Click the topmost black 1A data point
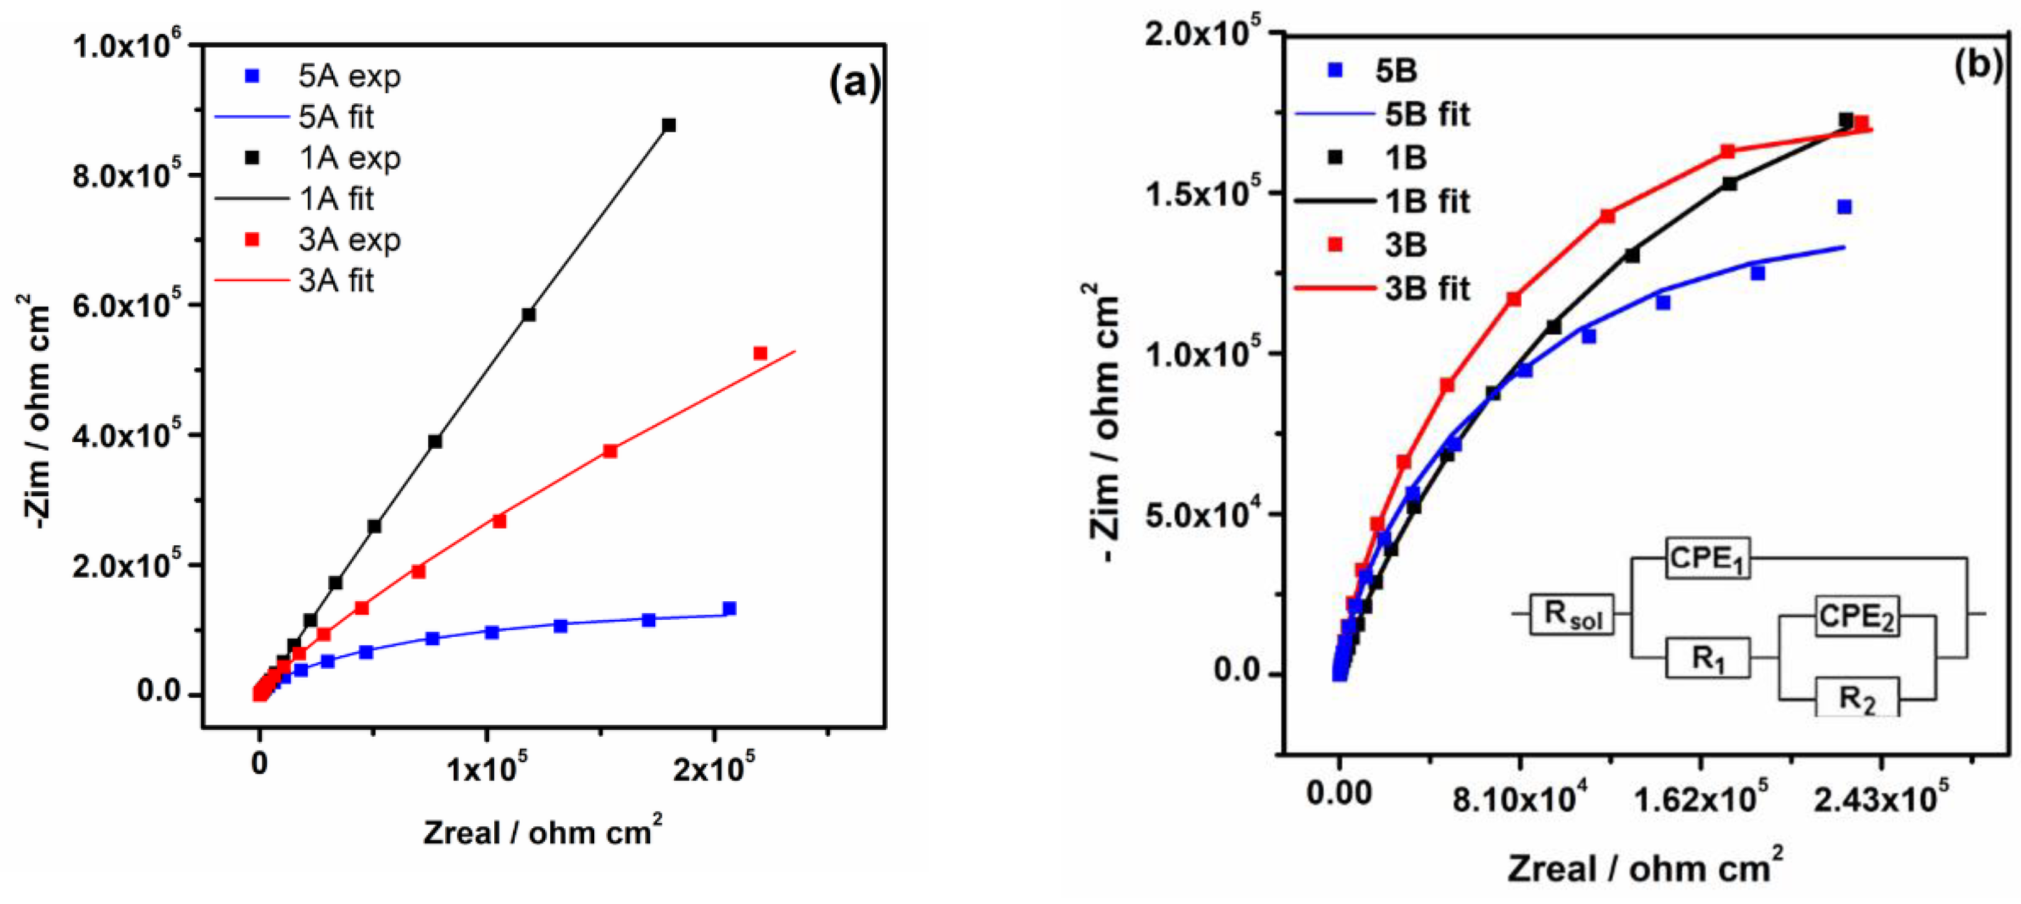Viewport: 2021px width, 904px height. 668,126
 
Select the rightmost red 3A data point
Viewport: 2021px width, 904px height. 760,354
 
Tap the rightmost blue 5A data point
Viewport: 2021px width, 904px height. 729,608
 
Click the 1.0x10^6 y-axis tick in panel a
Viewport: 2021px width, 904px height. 126,45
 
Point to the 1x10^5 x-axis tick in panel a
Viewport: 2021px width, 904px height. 486,770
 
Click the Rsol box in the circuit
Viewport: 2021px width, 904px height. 1572,614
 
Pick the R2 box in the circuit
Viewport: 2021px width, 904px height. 1857,696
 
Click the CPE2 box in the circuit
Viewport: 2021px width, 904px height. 1856,616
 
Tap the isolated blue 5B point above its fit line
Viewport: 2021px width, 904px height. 1844,207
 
